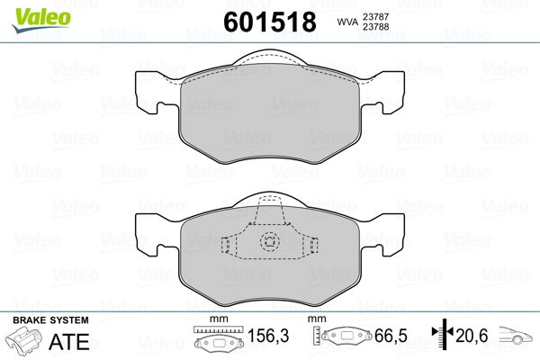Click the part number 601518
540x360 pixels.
(x=270, y=22)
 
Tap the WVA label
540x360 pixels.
(x=347, y=22)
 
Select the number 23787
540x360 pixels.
(x=375, y=16)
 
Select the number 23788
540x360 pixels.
(x=375, y=26)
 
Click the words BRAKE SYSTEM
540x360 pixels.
(x=50, y=320)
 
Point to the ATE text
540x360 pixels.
(x=69, y=342)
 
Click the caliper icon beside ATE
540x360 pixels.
(x=22, y=340)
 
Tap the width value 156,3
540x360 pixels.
(x=268, y=336)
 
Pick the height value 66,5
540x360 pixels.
(x=391, y=336)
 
